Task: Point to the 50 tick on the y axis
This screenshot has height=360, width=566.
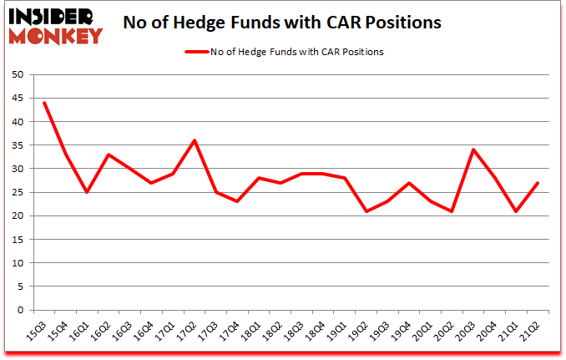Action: click(x=16, y=74)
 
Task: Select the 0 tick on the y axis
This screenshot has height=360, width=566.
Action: click(x=19, y=310)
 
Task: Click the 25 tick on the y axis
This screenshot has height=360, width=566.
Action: click(x=16, y=192)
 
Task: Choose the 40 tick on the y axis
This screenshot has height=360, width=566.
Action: click(x=16, y=122)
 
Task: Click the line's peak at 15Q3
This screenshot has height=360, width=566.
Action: click(x=44, y=103)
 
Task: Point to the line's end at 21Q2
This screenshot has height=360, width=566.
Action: click(x=538, y=183)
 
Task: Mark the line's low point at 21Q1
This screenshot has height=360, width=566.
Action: click(x=516, y=211)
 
